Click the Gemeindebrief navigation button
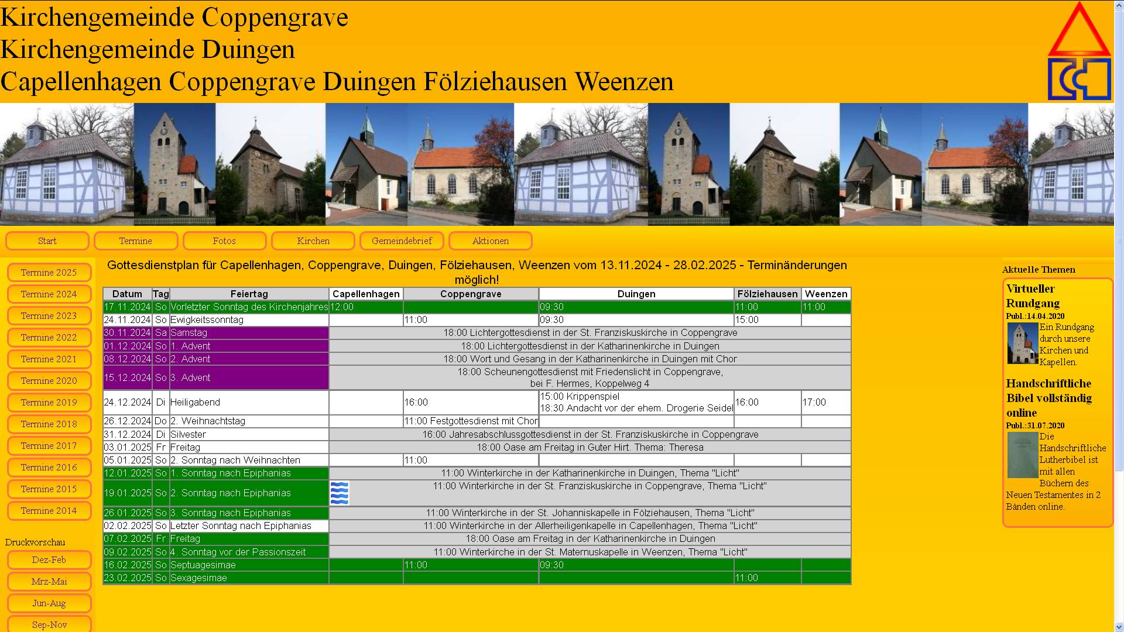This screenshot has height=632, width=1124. coord(402,241)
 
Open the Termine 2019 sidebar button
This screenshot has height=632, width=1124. coord(49,403)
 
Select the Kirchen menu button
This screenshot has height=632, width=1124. coord(313,241)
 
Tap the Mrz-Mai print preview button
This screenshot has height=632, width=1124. coord(49,582)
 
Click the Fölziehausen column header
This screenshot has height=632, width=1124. coord(767,294)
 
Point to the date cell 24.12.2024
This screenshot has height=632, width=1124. coord(128,403)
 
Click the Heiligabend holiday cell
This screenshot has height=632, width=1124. coord(249,403)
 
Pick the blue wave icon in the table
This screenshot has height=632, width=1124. coord(340,493)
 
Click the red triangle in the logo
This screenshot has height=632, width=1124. coord(1079,32)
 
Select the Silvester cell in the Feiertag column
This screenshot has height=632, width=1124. coord(249,435)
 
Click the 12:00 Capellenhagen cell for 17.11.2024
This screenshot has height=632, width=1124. coord(365,307)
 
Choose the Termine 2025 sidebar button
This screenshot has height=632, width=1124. coord(49,273)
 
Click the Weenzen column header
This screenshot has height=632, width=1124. coord(825,294)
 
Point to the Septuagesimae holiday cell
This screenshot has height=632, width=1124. coord(249,565)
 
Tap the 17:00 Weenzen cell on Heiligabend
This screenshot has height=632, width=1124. coord(825,403)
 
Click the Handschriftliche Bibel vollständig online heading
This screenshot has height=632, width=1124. coord(1048,398)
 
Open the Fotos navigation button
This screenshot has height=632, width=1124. coord(224,241)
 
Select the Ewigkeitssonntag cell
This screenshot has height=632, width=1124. coord(249,320)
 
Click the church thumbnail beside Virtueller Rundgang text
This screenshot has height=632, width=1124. coord(1022,344)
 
